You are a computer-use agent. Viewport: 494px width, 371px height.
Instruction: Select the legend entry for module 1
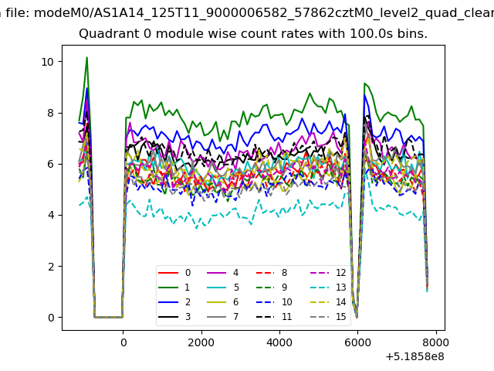[174, 288]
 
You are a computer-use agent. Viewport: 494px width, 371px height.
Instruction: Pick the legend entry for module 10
[274, 302]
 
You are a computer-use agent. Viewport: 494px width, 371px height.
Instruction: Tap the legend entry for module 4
[223, 273]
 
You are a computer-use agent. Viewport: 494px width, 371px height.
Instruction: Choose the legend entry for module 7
[223, 316]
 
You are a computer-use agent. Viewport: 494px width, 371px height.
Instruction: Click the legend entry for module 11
[274, 316]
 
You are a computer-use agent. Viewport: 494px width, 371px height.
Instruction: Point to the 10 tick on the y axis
[48, 62]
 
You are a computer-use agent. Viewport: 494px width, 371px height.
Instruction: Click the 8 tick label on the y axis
[51, 113]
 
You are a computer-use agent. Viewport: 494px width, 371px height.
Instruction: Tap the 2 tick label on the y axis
[51, 267]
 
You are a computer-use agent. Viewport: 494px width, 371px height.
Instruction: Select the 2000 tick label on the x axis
[201, 342]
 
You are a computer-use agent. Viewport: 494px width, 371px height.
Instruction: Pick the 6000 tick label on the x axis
[357, 342]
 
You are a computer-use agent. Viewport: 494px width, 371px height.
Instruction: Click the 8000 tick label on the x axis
[436, 342]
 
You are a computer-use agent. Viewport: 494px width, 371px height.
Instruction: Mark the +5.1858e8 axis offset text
[415, 357]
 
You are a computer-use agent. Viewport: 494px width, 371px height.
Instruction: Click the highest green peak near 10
[86, 57]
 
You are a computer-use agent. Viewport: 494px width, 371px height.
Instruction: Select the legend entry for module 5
[223, 288]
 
